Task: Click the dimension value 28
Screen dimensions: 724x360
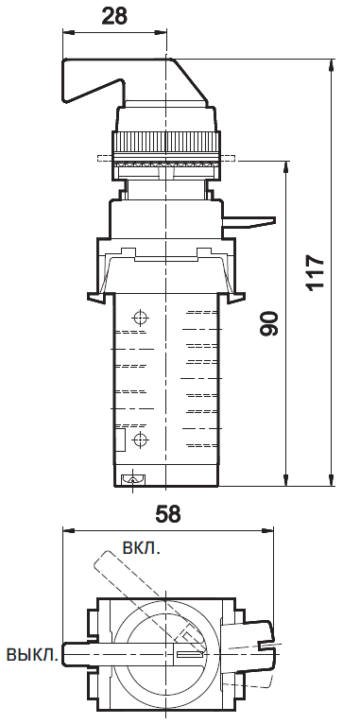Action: [114, 16]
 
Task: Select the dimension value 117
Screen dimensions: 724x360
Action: [315, 272]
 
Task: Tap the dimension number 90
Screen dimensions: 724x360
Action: [269, 323]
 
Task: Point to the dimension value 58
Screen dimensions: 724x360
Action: [166, 514]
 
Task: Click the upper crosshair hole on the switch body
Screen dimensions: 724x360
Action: [140, 317]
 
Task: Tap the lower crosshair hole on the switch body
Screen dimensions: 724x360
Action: [140, 440]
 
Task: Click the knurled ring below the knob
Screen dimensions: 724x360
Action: [166, 143]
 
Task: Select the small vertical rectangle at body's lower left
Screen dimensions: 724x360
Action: [122, 440]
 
